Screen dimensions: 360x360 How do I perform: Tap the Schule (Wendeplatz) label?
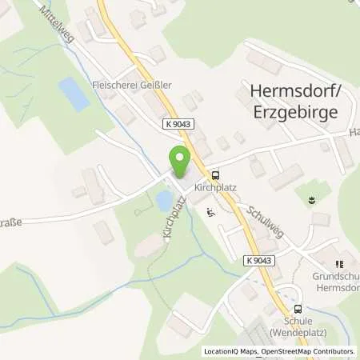297,326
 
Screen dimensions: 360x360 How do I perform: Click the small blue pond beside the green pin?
164,198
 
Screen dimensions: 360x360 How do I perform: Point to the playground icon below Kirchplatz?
210,212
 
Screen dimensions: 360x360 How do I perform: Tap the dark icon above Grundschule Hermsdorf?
339,263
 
